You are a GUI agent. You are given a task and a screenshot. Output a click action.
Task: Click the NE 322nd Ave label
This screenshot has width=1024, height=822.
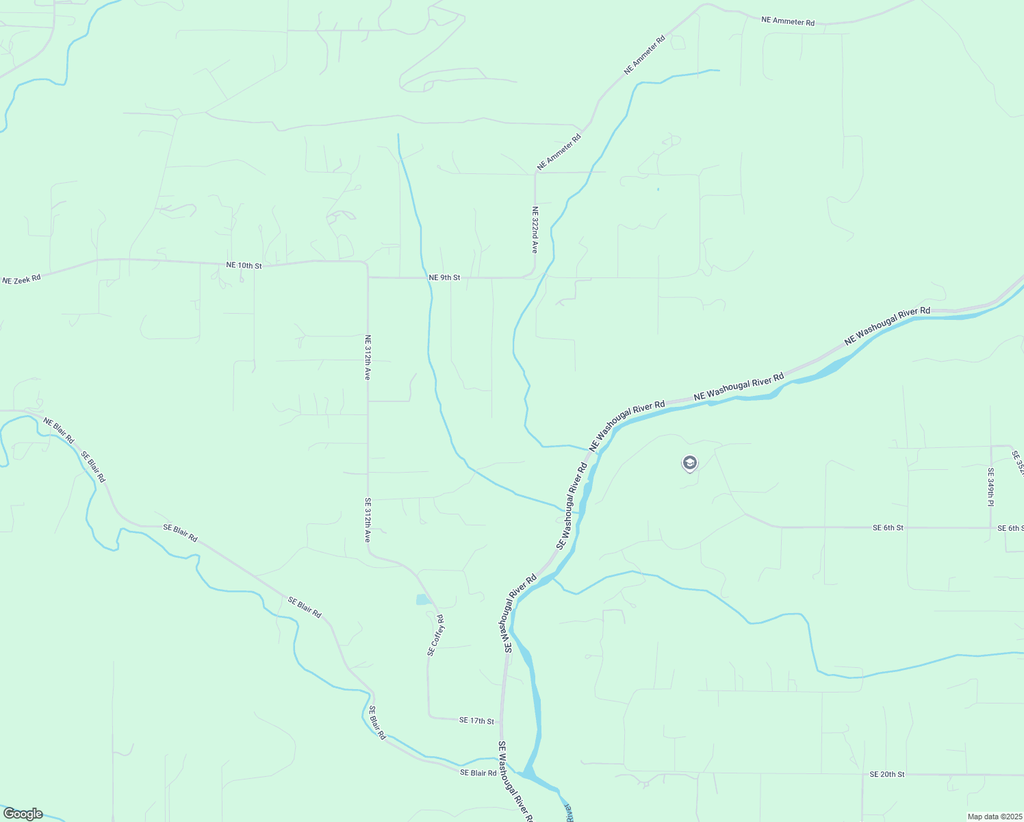click(x=535, y=230)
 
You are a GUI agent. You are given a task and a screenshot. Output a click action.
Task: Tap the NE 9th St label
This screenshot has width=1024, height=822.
click(x=444, y=277)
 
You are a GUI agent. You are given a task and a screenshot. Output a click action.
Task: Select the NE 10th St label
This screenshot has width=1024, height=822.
click(x=244, y=265)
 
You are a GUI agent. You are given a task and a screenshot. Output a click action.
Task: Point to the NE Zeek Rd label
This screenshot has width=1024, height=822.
click(x=21, y=279)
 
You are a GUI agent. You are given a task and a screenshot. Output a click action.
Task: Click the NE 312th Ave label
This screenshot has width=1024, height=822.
click(x=368, y=358)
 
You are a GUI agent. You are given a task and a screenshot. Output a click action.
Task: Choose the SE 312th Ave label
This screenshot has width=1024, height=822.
click(x=368, y=521)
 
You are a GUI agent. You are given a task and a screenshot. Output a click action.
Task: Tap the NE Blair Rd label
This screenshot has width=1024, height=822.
click(x=59, y=430)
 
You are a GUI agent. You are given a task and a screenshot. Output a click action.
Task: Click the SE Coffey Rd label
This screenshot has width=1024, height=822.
click(x=435, y=636)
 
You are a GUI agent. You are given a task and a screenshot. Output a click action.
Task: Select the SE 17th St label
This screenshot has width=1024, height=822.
click(x=476, y=721)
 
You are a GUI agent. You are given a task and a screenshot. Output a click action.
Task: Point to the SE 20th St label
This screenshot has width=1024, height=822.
click(x=887, y=774)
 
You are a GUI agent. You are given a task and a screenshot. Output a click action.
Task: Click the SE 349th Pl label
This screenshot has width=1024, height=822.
click(x=990, y=487)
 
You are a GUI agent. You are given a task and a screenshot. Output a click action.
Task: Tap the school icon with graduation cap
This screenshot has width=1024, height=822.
click(x=689, y=464)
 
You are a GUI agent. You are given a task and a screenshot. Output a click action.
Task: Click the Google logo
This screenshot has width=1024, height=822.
click(x=23, y=814)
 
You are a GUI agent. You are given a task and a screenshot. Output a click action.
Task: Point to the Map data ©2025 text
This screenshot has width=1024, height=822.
click(x=994, y=817)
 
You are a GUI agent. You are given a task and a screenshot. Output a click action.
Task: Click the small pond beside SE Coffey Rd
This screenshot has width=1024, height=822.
click(x=422, y=600)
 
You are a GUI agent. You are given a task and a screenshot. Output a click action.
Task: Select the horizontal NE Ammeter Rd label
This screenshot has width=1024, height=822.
click(x=788, y=21)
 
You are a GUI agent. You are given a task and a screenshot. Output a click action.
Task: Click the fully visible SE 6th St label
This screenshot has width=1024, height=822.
click(x=888, y=528)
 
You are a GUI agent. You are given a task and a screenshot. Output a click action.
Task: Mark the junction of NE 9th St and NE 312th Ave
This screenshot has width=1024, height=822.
click(x=368, y=277)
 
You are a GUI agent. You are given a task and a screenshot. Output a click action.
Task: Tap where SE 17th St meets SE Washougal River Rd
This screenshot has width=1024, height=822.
click(x=502, y=721)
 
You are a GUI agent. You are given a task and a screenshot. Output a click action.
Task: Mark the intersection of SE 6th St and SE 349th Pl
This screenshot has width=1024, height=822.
click(x=991, y=528)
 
